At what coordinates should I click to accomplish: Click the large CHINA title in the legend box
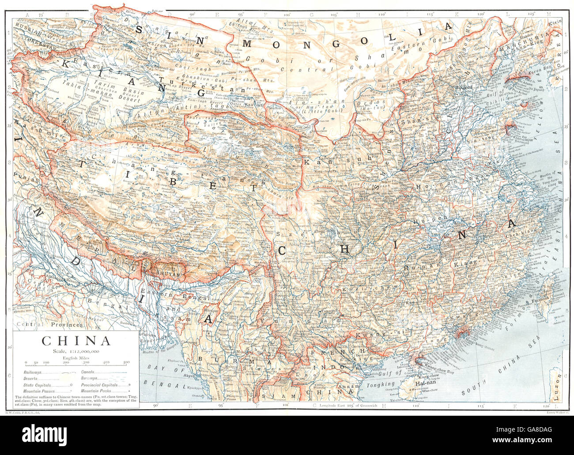point(76,341)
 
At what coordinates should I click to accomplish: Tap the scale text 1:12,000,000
point(76,351)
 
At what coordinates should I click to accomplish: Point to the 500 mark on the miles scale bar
point(126,362)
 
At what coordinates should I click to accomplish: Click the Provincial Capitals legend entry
point(99,384)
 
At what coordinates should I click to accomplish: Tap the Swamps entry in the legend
point(91,378)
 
